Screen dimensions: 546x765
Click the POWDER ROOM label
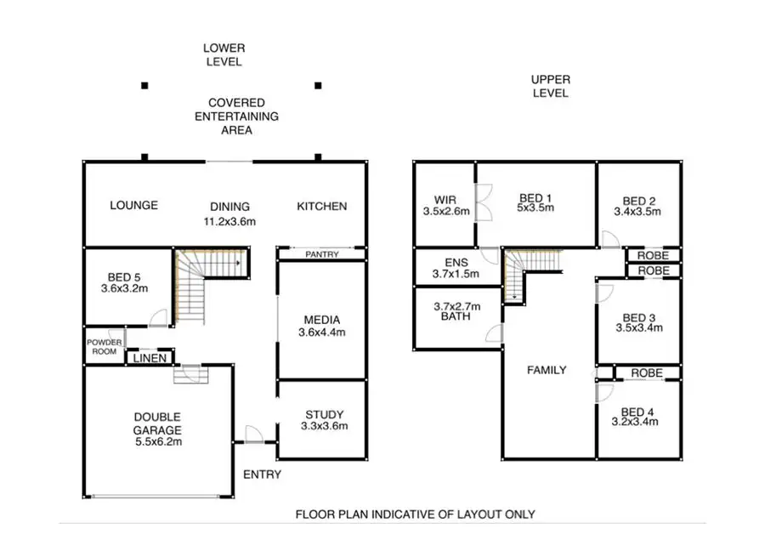tap(104, 347)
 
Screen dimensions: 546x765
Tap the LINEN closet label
tap(149, 358)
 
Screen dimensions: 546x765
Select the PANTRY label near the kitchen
tap(321, 254)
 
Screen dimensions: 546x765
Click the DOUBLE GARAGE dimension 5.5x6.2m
tap(157, 441)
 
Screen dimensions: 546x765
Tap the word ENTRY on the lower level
tap(262, 474)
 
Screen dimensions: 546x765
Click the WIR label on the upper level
tap(445, 201)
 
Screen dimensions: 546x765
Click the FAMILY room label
tap(547, 370)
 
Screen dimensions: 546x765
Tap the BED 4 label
tap(637, 411)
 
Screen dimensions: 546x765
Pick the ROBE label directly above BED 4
tap(646, 373)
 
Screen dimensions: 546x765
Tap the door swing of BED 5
tap(157, 318)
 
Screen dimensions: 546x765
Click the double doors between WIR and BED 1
tap(481, 205)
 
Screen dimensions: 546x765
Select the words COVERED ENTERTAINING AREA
tap(236, 117)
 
